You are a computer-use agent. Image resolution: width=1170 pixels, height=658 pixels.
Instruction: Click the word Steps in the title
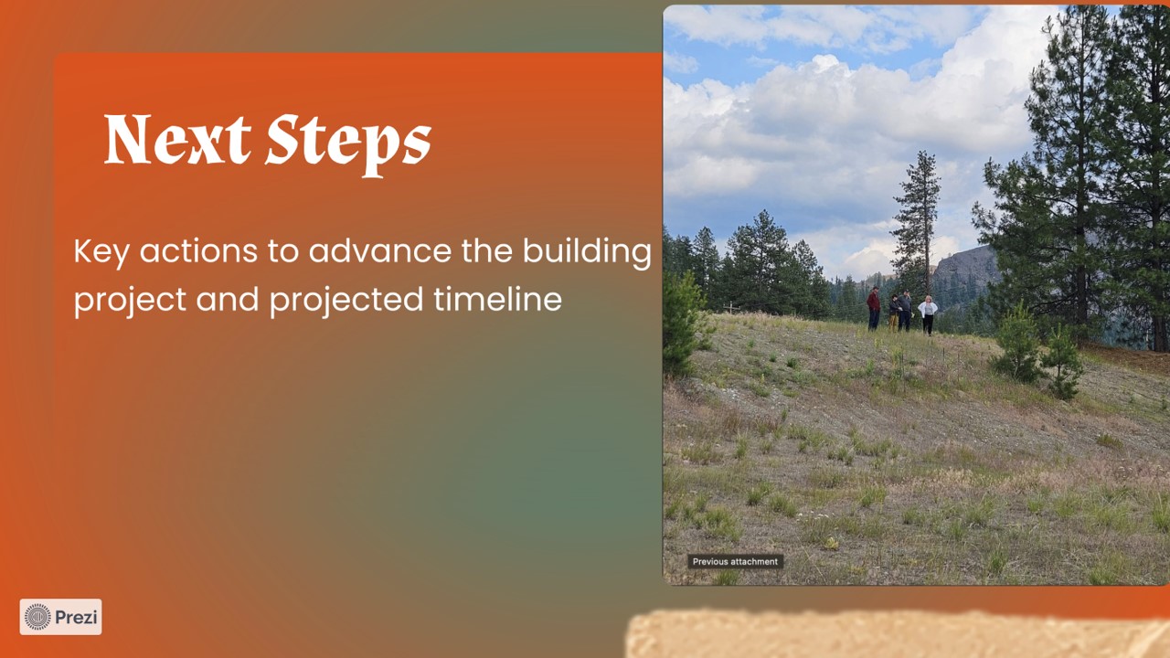click(x=348, y=144)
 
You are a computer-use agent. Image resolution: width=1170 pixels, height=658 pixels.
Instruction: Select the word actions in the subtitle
click(x=198, y=251)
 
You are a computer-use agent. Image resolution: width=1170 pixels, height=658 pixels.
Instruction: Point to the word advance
click(x=379, y=250)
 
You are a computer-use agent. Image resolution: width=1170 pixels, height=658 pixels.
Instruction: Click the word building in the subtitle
click(x=587, y=252)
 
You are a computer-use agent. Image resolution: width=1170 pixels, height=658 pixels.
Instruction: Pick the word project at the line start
click(x=130, y=301)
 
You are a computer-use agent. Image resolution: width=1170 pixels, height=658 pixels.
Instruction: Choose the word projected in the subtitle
click(x=346, y=301)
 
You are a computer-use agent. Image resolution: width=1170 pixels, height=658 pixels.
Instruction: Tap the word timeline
click(x=498, y=299)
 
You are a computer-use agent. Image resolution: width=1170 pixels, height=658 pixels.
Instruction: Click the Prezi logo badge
click(x=60, y=617)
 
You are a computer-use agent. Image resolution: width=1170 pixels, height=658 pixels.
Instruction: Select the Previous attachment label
click(x=735, y=561)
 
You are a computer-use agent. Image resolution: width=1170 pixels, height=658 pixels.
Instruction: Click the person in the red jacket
click(x=874, y=308)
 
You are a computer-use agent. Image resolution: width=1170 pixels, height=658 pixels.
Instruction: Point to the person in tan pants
click(x=894, y=313)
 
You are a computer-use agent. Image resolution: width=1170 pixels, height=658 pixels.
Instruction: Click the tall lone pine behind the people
click(x=917, y=219)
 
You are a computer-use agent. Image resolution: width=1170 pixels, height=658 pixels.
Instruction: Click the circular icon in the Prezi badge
click(x=37, y=617)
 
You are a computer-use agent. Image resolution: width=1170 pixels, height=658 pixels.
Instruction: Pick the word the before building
click(x=487, y=250)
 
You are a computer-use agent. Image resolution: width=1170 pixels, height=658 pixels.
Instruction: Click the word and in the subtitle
click(x=228, y=299)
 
